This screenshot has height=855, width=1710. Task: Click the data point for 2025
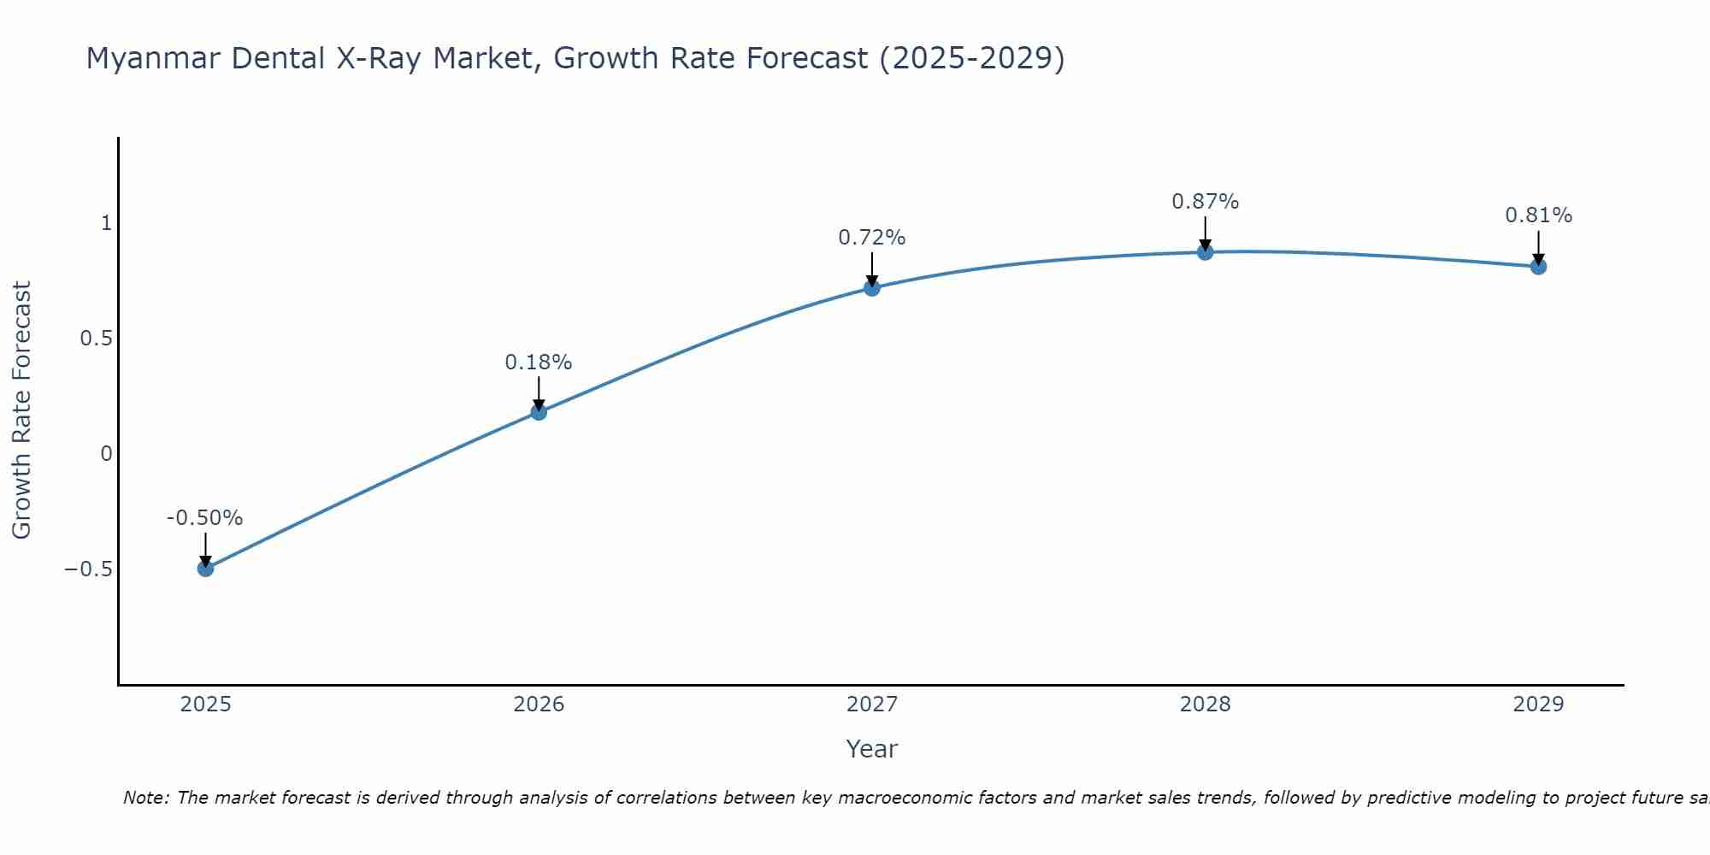(x=205, y=569)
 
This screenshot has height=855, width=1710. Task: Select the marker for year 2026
(x=539, y=412)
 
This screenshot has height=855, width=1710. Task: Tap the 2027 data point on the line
(x=872, y=288)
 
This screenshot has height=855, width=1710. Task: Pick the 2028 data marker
(x=1206, y=252)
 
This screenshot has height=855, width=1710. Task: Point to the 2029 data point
(x=1538, y=267)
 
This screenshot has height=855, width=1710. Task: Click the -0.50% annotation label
(x=204, y=518)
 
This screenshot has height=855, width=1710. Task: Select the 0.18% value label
(x=538, y=363)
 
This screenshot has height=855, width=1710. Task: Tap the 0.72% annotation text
(x=871, y=238)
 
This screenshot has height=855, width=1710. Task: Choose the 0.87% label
(x=1205, y=202)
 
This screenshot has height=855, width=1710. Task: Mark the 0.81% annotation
(x=1538, y=215)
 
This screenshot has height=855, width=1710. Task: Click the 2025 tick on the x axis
(x=205, y=705)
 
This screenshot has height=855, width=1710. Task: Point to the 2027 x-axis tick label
(x=872, y=705)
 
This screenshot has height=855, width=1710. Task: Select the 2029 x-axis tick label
(x=1538, y=705)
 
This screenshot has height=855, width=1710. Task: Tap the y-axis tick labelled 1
(x=107, y=223)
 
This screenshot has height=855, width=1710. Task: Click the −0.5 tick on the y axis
(x=88, y=569)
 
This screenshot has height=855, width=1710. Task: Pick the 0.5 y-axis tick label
(x=96, y=339)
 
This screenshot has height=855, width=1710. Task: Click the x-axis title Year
(x=871, y=749)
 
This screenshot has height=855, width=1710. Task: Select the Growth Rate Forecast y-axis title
(x=21, y=410)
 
